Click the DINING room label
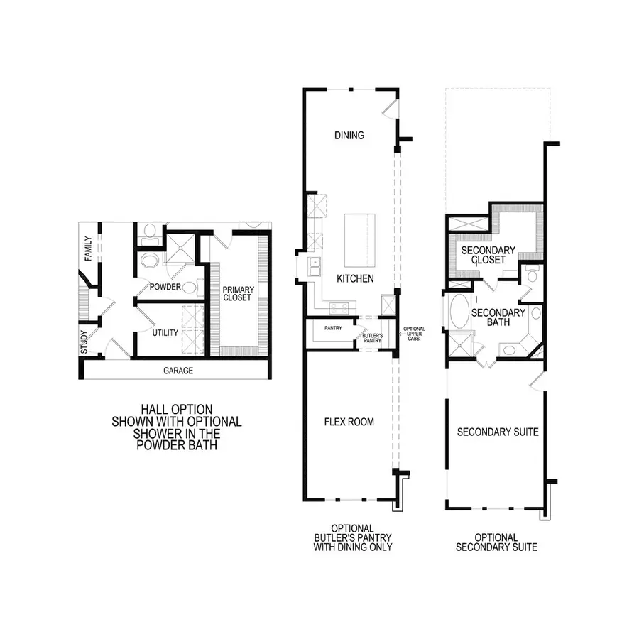350,136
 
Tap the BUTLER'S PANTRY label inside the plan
372,337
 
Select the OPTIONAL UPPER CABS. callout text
413,334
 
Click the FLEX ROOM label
349,422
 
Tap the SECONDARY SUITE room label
497,432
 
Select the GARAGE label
178,371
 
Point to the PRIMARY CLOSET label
237,293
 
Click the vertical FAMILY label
89,248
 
